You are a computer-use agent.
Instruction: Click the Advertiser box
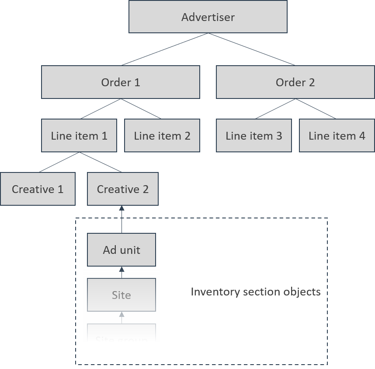tap(208, 17)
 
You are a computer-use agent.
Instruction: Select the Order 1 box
tap(121, 82)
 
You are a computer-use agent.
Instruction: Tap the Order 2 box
tap(295, 82)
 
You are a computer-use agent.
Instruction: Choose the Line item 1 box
tap(79, 136)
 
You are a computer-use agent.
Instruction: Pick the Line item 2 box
tap(162, 136)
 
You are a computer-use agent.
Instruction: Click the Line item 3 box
tap(254, 136)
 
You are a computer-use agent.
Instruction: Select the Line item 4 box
tap(337, 136)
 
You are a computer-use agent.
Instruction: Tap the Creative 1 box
tap(38, 189)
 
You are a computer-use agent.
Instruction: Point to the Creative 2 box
tap(123, 189)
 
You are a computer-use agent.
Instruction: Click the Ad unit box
tap(122, 250)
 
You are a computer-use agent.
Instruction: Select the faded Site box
tap(122, 295)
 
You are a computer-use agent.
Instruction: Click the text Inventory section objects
tap(256, 292)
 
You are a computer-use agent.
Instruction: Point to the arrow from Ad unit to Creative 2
tap(122, 221)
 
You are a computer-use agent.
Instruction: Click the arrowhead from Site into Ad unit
tap(122, 269)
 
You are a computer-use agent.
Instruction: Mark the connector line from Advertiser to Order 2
tap(252, 49)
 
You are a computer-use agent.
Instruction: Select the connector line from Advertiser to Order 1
tap(164, 49)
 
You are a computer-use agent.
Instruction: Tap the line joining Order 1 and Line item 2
tap(141, 109)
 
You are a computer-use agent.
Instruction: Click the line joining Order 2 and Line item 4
tap(316, 109)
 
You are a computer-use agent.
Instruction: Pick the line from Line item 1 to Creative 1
tap(58, 162)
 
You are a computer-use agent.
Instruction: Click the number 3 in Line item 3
tap(279, 136)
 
